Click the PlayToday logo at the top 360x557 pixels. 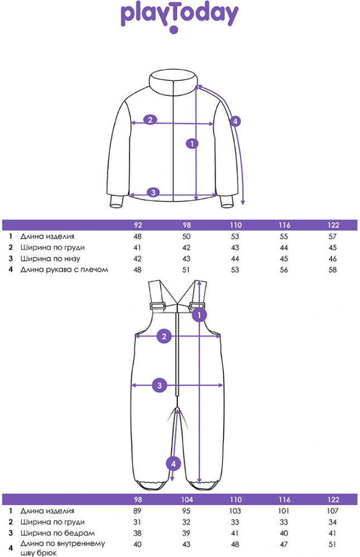[179, 18]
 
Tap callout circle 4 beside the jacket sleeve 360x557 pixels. [235, 121]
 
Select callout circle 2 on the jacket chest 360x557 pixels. [150, 120]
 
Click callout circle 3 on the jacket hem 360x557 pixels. [153, 193]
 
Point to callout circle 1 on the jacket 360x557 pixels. [192, 144]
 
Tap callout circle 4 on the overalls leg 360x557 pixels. [173, 463]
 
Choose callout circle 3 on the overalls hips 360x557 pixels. [159, 385]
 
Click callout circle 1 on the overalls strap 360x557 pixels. [199, 315]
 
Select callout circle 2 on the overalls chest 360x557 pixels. [164, 336]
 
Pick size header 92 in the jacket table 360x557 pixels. [138, 225]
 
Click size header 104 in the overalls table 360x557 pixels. [187, 500]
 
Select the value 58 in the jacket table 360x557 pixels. [333, 270]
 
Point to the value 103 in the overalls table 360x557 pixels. [235, 511]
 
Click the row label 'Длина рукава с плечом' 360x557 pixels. [64, 270]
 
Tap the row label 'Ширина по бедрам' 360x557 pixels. [57, 533]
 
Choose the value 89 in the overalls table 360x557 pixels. [137, 511]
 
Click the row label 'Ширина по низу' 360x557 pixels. [50, 258]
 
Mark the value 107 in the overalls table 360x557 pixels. [333, 511]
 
